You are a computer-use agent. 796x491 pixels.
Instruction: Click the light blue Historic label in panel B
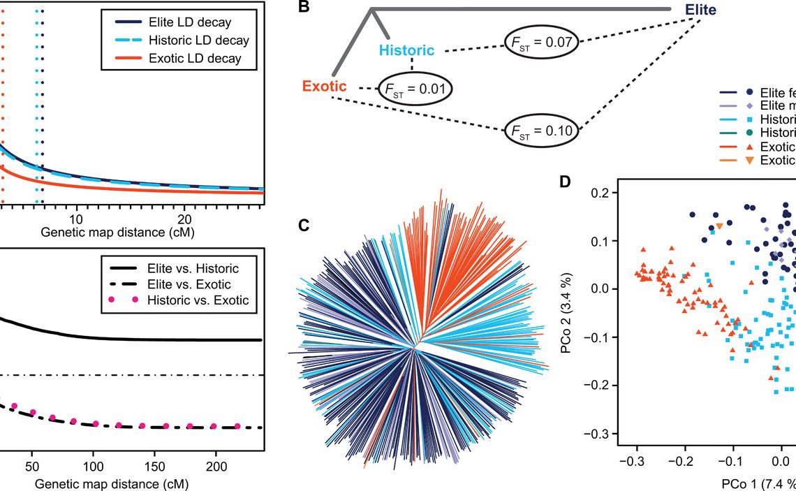coord(407,50)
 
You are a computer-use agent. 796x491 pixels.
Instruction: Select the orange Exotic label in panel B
coord(324,87)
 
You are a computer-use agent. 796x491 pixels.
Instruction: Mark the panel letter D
coord(565,182)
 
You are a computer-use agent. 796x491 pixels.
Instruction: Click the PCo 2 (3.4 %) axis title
coord(568,312)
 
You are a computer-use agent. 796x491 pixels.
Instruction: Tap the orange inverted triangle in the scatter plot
coord(719,226)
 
